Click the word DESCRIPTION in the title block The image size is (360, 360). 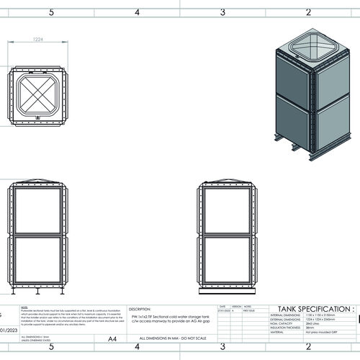point(140,306)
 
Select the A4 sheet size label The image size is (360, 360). point(112,338)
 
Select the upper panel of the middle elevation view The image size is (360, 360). point(228,210)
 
